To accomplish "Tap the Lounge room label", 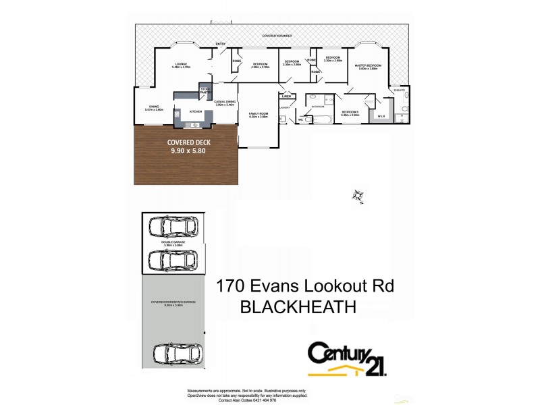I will coord(181,65).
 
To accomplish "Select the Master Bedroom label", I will coord(369,66).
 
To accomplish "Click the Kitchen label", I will coord(196,111).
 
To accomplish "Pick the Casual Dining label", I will coord(224,103).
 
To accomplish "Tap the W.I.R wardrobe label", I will coord(381,116).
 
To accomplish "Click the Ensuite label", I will coord(399,89).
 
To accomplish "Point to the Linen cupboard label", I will coord(286,96).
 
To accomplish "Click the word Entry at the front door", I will coord(220,44).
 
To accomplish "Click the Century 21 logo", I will coord(347,358).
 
